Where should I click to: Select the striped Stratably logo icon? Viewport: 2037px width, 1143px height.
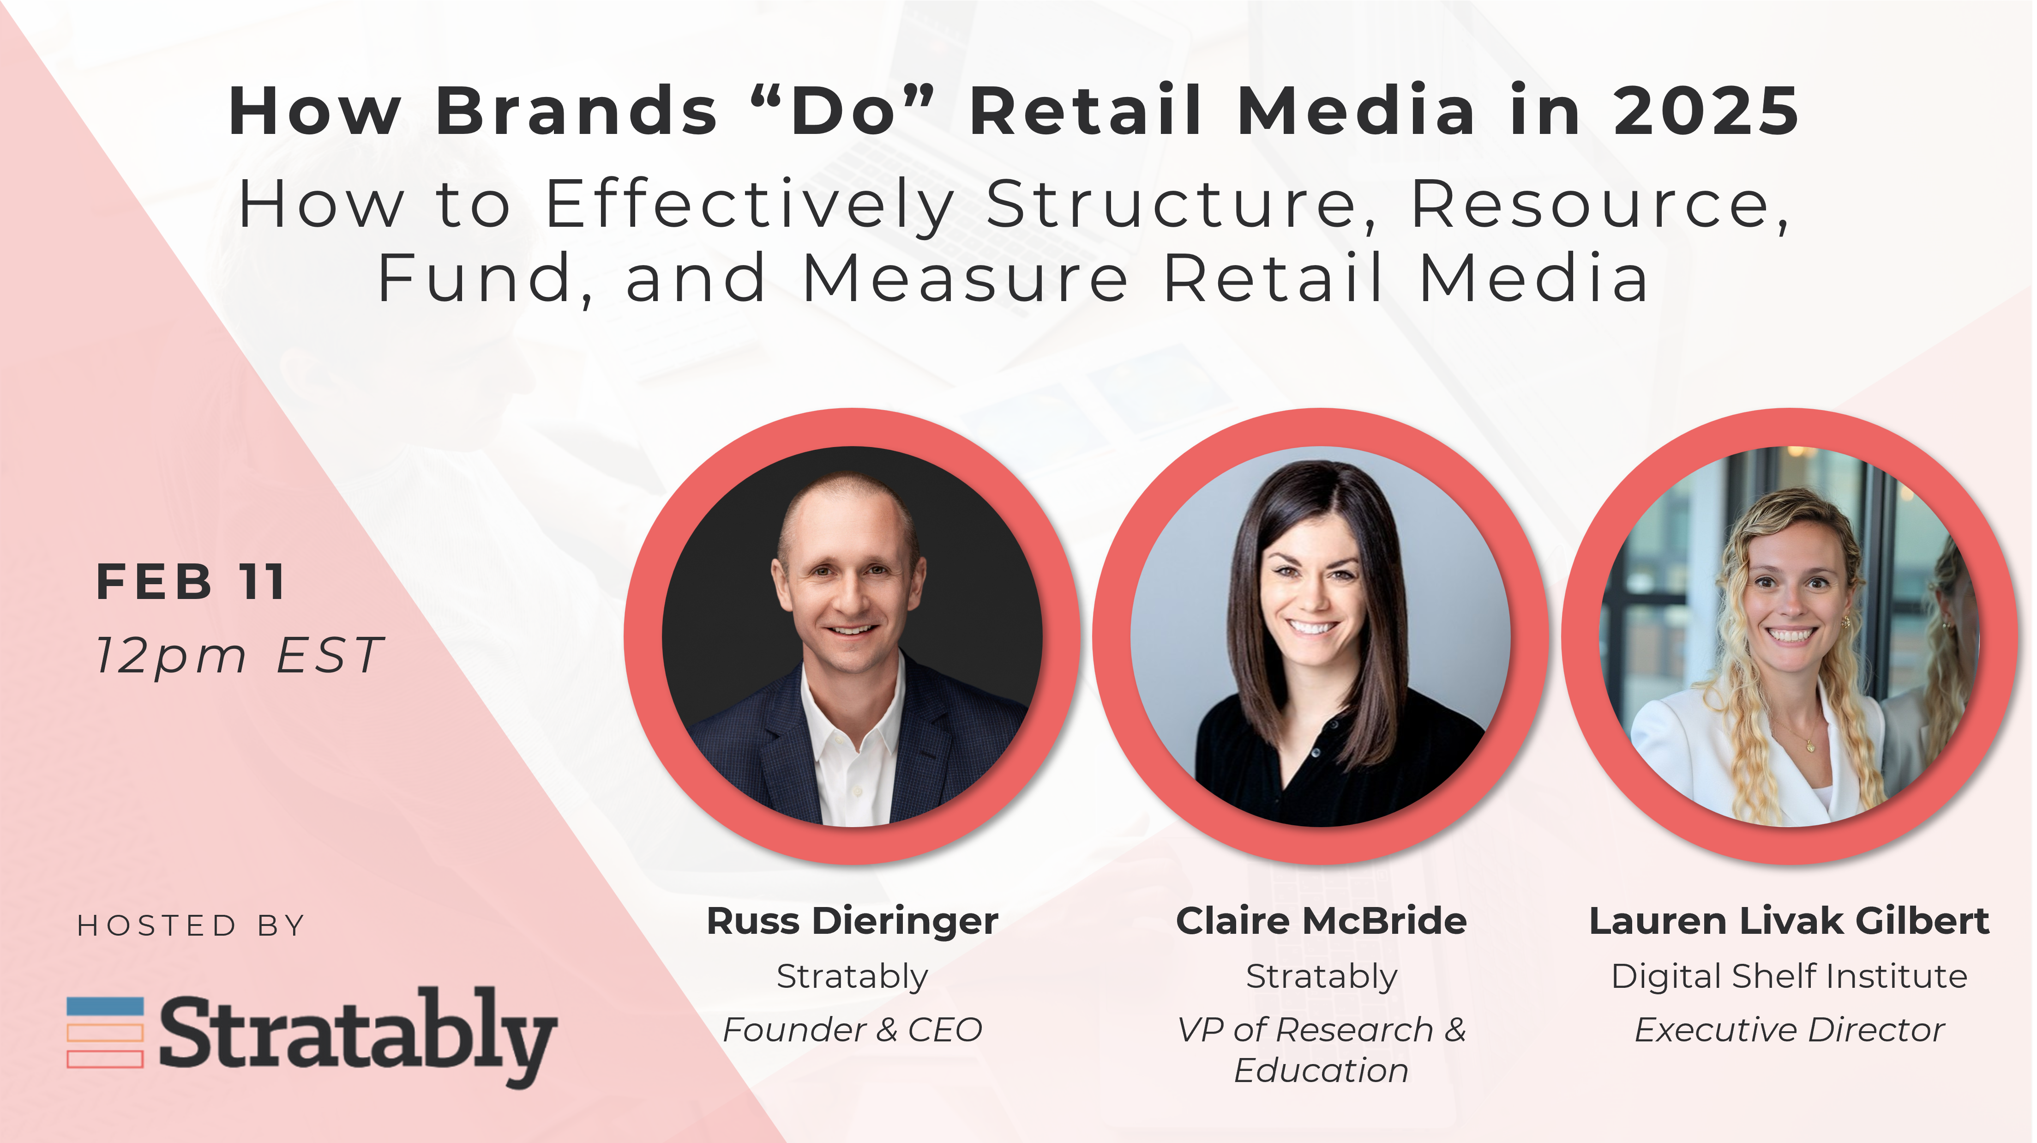(105, 1032)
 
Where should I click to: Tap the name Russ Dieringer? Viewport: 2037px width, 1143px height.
(853, 921)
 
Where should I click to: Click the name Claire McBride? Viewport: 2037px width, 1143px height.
(1322, 921)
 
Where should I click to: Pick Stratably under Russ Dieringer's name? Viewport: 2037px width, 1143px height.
(853, 977)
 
